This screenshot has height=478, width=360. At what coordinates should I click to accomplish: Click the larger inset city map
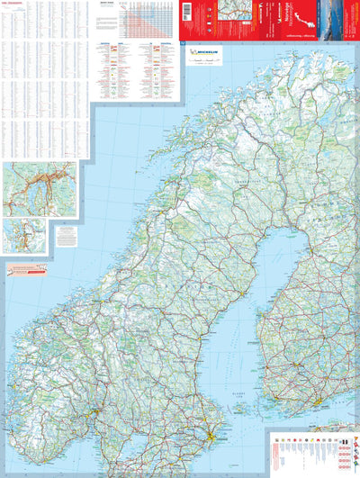pos(40,189)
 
